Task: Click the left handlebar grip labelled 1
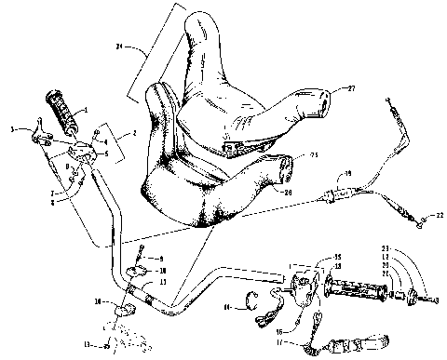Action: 62,108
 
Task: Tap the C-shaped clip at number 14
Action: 250,299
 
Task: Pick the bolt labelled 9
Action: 138,255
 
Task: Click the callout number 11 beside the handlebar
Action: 163,281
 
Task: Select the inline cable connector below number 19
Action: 335,195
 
